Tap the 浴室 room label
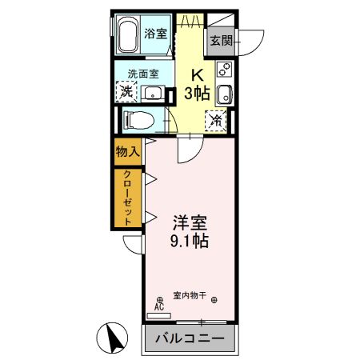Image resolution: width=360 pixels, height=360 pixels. (x=155, y=34)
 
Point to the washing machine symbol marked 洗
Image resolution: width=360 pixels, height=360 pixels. (x=126, y=93)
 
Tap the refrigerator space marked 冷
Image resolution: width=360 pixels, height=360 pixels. (x=216, y=121)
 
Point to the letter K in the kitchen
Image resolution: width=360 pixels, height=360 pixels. (x=194, y=75)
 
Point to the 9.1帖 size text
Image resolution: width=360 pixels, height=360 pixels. (x=190, y=238)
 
